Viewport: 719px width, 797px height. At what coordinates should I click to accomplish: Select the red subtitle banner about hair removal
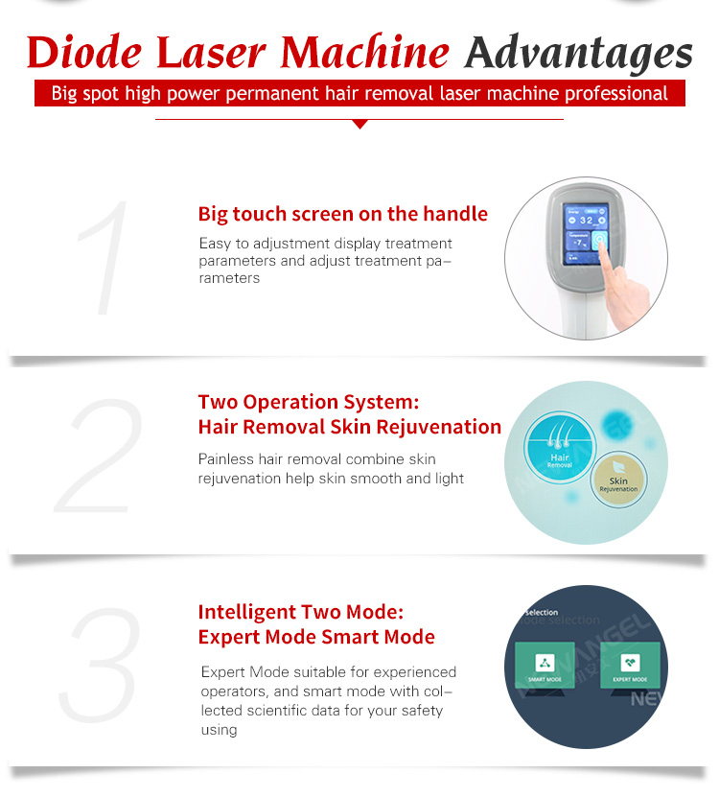359,94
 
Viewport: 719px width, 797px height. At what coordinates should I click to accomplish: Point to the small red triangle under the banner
359,124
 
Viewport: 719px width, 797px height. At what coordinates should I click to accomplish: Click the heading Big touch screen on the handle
342,214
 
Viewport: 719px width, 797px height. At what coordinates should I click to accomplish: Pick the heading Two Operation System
308,402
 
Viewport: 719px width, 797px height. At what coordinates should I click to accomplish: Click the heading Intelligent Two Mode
301,612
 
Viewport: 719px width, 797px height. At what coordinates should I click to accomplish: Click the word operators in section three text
234,692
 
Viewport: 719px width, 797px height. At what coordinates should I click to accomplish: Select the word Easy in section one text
216,244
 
